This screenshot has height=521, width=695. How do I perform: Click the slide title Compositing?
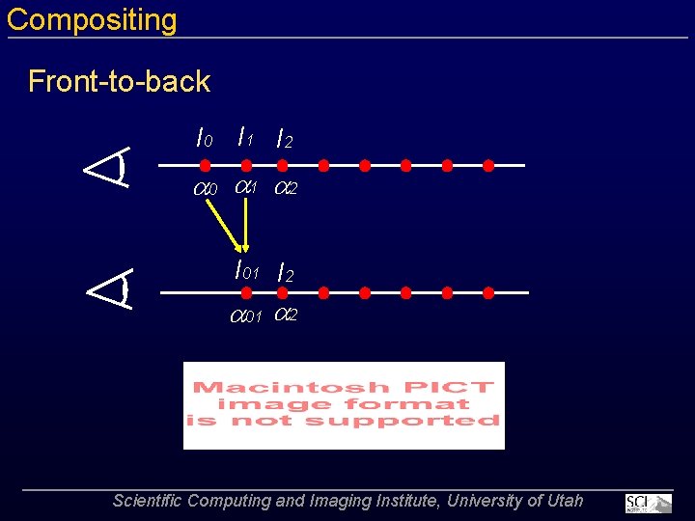92,20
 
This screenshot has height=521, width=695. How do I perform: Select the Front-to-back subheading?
119,81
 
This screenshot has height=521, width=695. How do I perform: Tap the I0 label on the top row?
204,139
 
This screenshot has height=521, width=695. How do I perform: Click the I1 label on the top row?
245,138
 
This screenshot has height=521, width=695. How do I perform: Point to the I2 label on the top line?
284,140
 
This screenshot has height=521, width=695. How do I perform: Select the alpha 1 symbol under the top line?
246,187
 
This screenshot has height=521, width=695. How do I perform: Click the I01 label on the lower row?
248,271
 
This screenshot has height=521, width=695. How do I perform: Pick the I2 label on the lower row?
284,274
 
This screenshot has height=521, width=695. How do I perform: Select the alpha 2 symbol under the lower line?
286,315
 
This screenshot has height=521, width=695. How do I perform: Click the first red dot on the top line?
205,166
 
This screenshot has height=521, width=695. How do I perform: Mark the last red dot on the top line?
488,166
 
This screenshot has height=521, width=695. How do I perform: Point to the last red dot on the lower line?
488,291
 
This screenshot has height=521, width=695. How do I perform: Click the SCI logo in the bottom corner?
648,503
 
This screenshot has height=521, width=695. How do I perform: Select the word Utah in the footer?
565,501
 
